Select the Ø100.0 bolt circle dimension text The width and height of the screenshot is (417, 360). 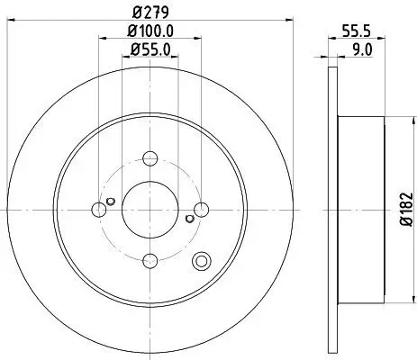pos(150,34)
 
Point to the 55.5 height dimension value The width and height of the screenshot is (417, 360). pos(362,32)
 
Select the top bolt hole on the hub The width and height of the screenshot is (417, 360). pos(150,157)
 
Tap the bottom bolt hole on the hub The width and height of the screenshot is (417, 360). pos(150,261)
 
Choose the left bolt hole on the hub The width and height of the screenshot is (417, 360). pos(97,209)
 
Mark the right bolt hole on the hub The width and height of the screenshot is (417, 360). pos(202,209)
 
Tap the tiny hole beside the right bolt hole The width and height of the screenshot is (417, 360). pos(189,217)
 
